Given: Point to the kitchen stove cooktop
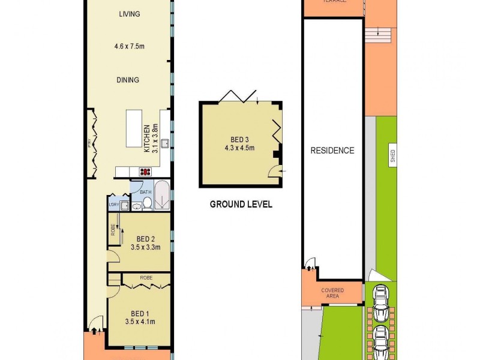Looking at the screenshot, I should pos(146,172).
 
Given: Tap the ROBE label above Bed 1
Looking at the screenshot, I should pos(146,278).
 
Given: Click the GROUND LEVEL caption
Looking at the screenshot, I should pos(241,205).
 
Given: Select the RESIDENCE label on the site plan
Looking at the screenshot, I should pos(332,151).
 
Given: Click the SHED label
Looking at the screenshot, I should pos(392,157).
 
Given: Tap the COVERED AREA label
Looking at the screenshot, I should pos(332,293).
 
